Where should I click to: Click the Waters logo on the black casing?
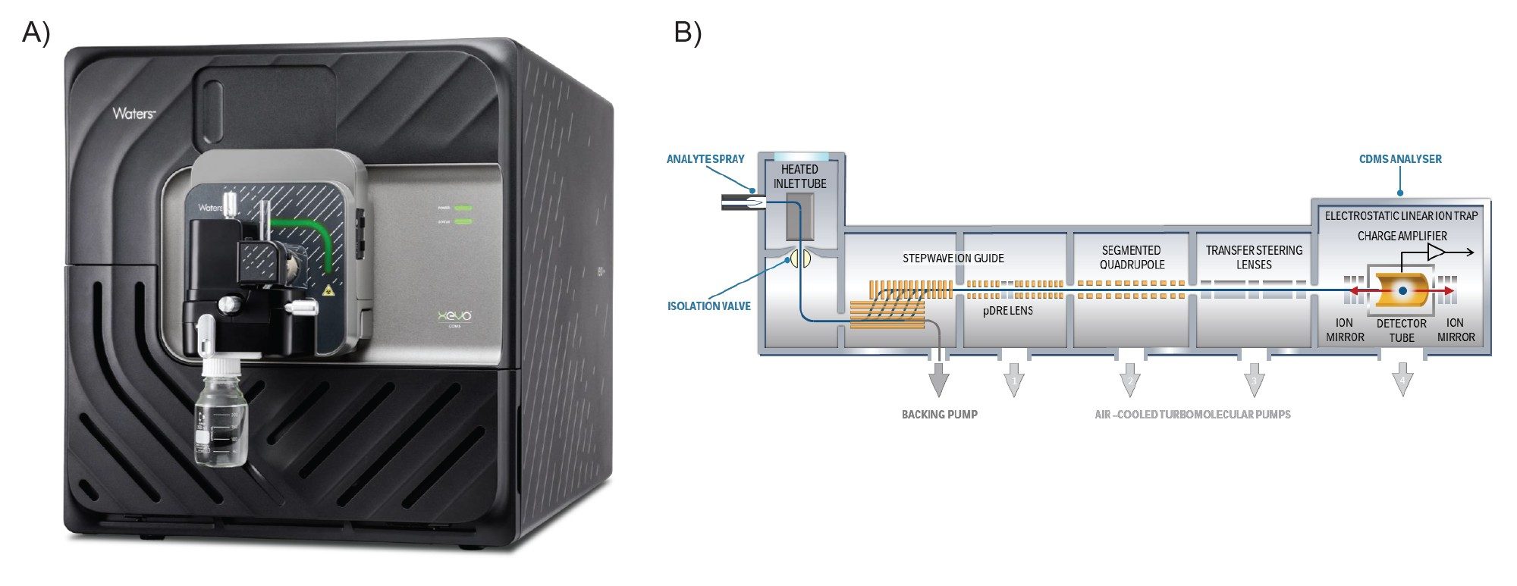(x=133, y=114)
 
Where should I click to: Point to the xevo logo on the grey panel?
(x=455, y=316)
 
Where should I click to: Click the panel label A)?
(x=36, y=33)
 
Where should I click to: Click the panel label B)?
(x=688, y=33)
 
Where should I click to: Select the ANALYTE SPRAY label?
(x=705, y=159)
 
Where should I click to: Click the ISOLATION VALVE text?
(x=708, y=306)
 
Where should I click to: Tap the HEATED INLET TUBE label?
(x=799, y=177)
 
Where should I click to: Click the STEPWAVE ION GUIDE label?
(x=953, y=259)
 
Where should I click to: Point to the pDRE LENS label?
(x=1007, y=311)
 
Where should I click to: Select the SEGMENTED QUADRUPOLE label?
(x=1132, y=257)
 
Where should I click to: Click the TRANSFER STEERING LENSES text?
(x=1254, y=257)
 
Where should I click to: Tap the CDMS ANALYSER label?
(x=1400, y=159)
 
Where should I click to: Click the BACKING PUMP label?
(x=939, y=415)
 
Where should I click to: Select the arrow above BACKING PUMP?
(x=939, y=379)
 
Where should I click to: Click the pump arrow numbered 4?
(x=1402, y=379)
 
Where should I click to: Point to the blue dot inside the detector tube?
(x=1402, y=291)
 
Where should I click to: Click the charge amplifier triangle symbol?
(x=1436, y=252)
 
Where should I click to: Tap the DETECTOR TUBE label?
(x=1402, y=331)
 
